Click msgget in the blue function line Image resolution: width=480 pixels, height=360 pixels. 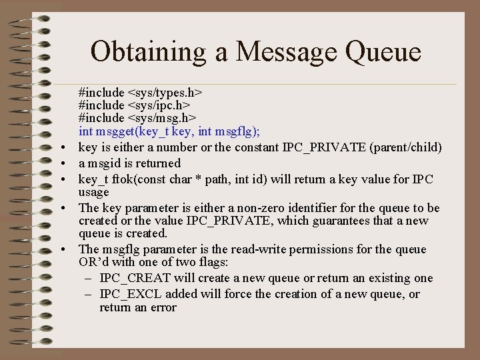pos(114,131)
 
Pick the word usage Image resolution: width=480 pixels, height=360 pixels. pos(93,192)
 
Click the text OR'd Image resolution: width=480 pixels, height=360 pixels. pos(93,263)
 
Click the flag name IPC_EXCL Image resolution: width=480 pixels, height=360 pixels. pos(130,295)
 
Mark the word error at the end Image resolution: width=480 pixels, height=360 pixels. pos(162,307)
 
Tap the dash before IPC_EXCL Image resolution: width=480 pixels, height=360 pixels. pos(89,295)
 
